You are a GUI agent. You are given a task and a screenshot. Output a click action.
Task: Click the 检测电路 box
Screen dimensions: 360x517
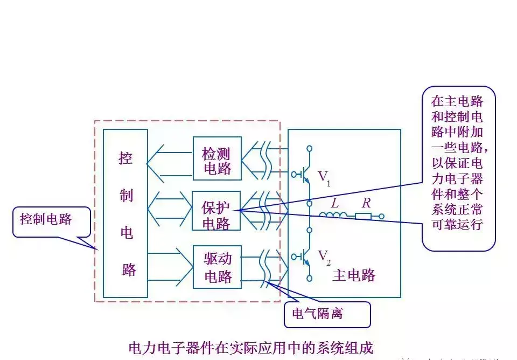[217, 158]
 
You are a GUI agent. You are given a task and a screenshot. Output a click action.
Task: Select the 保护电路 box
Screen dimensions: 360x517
[217, 211]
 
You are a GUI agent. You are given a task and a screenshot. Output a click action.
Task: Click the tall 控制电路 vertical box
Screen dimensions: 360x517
[125, 213]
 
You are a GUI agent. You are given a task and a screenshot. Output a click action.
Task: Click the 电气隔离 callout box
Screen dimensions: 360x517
[327, 314]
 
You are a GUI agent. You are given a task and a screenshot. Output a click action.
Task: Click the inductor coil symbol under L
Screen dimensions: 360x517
[333, 216]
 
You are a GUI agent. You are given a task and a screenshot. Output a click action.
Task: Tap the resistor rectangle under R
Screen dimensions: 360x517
[363, 216]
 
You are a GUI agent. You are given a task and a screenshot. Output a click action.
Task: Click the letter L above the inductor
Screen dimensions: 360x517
[334, 203]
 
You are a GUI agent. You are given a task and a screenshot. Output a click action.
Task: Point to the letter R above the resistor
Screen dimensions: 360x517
[366, 203]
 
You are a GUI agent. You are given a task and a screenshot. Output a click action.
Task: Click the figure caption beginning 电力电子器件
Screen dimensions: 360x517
[250, 347]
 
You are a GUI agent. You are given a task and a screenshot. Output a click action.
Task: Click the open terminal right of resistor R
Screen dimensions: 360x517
[382, 217]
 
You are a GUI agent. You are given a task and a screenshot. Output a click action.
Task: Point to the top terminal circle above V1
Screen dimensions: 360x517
[310, 148]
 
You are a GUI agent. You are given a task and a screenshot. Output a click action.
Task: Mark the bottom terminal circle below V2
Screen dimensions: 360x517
[310, 278]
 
